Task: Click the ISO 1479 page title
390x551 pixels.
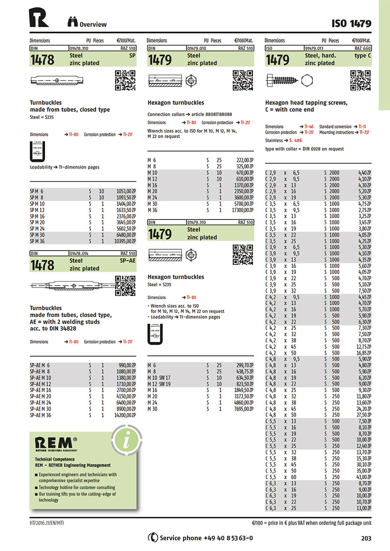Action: (351, 23)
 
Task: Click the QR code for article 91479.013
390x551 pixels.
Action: (361, 80)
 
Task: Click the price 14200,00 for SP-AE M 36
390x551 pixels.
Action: (125, 415)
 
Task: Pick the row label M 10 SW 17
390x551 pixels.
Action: (159, 377)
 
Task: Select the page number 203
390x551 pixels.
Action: (366, 538)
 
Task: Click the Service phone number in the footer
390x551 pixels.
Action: (206, 538)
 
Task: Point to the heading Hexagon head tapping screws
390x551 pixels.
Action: (306, 103)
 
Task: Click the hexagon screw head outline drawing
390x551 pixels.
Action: (306, 80)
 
